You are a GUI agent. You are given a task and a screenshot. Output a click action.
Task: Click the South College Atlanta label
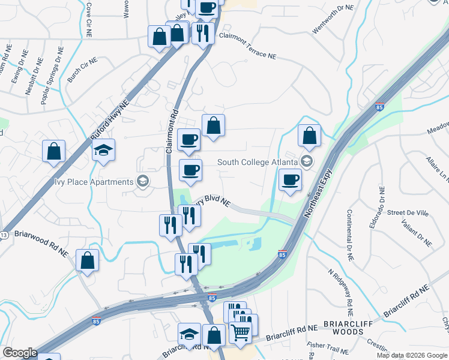point(258,162)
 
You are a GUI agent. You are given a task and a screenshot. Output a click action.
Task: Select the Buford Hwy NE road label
point(110,121)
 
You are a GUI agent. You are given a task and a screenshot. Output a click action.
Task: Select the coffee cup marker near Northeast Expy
point(291,179)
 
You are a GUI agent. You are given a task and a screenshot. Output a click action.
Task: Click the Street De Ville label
point(407,212)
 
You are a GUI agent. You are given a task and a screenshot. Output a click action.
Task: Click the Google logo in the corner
point(19,353)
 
